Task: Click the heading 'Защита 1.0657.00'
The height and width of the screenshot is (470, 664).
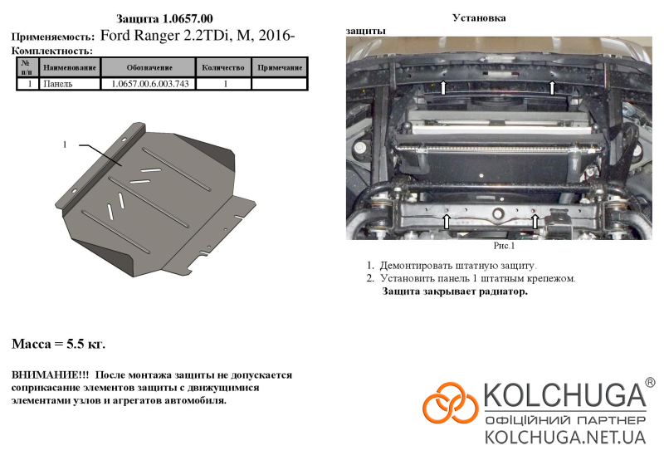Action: pos(164,18)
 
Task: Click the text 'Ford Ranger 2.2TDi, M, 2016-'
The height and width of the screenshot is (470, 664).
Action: pos(198,35)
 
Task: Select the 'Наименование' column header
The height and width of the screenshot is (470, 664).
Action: pos(70,67)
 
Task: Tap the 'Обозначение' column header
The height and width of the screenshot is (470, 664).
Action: pos(149,67)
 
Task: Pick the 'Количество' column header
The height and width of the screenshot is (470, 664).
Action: pos(223,67)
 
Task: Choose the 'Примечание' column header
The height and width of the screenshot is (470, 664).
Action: pos(280,67)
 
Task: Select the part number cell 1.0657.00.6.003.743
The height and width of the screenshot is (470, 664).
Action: pos(150,84)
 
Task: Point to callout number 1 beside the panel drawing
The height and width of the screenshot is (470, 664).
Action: pos(65,145)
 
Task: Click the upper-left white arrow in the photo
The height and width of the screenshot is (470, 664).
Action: pos(443,87)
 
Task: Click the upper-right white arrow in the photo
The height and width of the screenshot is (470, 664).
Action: pos(552,87)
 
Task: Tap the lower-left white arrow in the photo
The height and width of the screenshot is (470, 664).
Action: pos(446,221)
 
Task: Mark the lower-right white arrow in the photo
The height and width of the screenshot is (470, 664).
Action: pos(535,221)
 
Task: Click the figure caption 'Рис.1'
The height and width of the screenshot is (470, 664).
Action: pos(504,246)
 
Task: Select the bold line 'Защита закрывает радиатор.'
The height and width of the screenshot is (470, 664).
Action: pos(455,291)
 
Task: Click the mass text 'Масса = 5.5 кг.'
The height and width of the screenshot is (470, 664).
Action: pos(58,344)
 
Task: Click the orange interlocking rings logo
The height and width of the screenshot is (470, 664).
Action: pos(451,403)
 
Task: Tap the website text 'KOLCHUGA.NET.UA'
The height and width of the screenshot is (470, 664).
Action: pos(565,437)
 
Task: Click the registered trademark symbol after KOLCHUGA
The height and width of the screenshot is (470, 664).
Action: pos(650,383)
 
